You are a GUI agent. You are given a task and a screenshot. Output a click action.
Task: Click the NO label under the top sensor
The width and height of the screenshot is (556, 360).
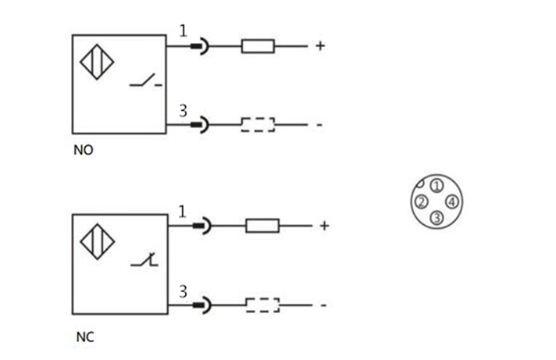point(83,150)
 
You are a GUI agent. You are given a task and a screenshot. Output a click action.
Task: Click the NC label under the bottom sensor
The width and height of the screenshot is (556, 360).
point(84,338)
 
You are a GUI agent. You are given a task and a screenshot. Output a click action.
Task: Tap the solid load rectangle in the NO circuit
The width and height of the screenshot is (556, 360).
point(257,46)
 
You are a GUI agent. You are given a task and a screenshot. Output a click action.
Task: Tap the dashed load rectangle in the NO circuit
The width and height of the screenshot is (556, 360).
point(258,124)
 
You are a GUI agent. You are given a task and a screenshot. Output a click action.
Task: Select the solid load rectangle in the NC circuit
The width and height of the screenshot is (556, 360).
point(262,226)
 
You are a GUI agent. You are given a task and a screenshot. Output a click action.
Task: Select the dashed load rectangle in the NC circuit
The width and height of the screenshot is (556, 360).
point(262,305)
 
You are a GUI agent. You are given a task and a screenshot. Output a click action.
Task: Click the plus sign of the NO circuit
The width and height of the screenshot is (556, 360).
point(319,46)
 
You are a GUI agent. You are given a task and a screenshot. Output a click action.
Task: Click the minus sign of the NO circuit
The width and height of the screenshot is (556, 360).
point(319,125)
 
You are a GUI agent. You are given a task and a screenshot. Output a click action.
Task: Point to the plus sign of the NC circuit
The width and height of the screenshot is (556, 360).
point(324,226)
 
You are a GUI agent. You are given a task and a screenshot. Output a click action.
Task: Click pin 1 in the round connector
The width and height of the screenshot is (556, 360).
point(437,186)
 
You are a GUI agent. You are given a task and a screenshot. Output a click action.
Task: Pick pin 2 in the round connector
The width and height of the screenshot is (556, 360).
point(421,202)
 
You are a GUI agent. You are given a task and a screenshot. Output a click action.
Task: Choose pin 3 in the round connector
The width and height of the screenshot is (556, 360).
point(437,218)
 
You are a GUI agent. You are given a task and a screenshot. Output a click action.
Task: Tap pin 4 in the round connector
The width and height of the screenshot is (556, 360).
point(452,202)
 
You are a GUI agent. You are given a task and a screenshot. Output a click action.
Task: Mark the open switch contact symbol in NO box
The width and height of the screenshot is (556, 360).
point(145,80)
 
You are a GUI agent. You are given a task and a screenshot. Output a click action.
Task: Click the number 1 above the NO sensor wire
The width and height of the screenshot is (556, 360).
point(183,31)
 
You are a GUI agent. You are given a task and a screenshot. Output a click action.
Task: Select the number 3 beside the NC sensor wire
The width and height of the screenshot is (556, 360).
point(184,291)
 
